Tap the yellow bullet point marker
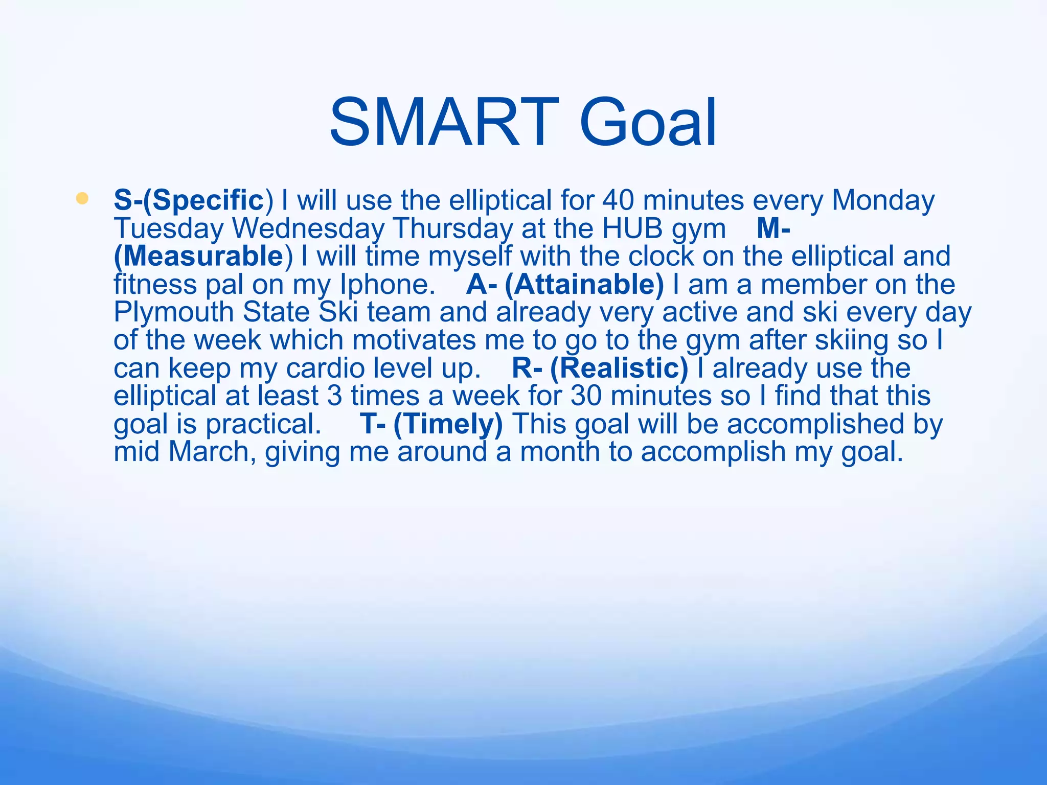(82, 198)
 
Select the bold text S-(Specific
(188, 200)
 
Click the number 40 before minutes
(618, 200)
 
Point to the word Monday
(883, 200)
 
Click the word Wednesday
(308, 228)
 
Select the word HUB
(632, 228)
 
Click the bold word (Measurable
(198, 256)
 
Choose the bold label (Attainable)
(584, 284)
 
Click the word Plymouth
(173, 312)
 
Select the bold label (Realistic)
(619, 368)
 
